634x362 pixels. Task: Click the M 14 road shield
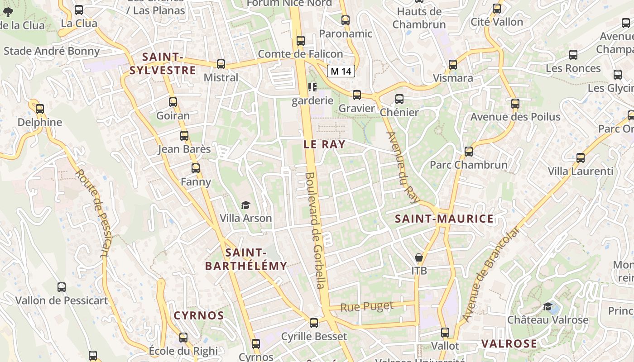(x=341, y=71)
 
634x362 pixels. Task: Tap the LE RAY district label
(x=324, y=144)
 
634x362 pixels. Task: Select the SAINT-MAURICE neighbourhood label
(x=444, y=219)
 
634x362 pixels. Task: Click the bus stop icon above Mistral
(x=221, y=64)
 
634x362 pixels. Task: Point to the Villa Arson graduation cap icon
(x=245, y=205)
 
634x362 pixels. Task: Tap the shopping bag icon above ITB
(x=419, y=258)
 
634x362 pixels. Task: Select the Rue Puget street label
(x=367, y=307)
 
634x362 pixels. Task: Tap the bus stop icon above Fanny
(x=196, y=168)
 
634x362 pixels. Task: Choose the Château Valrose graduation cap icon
(x=548, y=307)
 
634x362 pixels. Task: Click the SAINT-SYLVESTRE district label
(x=163, y=64)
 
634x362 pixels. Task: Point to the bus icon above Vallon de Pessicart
(x=62, y=287)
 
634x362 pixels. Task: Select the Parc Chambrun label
(x=468, y=165)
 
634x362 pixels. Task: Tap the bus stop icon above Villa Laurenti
(x=580, y=158)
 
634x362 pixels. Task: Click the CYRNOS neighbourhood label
(x=199, y=315)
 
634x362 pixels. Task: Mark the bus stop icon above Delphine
(x=40, y=109)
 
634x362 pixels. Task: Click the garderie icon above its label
(x=312, y=87)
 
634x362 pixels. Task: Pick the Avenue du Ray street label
(x=404, y=167)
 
